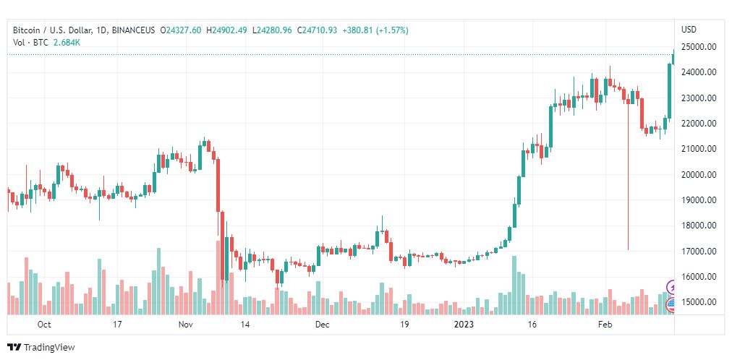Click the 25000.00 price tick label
click(699, 47)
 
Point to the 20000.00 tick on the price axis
click(699, 174)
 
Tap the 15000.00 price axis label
click(699, 302)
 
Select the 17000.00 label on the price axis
click(699, 252)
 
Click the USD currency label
click(689, 30)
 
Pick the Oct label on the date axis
click(44, 325)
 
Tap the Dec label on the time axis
click(323, 325)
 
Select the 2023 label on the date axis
click(465, 325)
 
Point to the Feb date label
click(605, 325)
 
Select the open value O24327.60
click(181, 30)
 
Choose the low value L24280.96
click(272, 30)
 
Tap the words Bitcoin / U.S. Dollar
click(51, 30)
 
